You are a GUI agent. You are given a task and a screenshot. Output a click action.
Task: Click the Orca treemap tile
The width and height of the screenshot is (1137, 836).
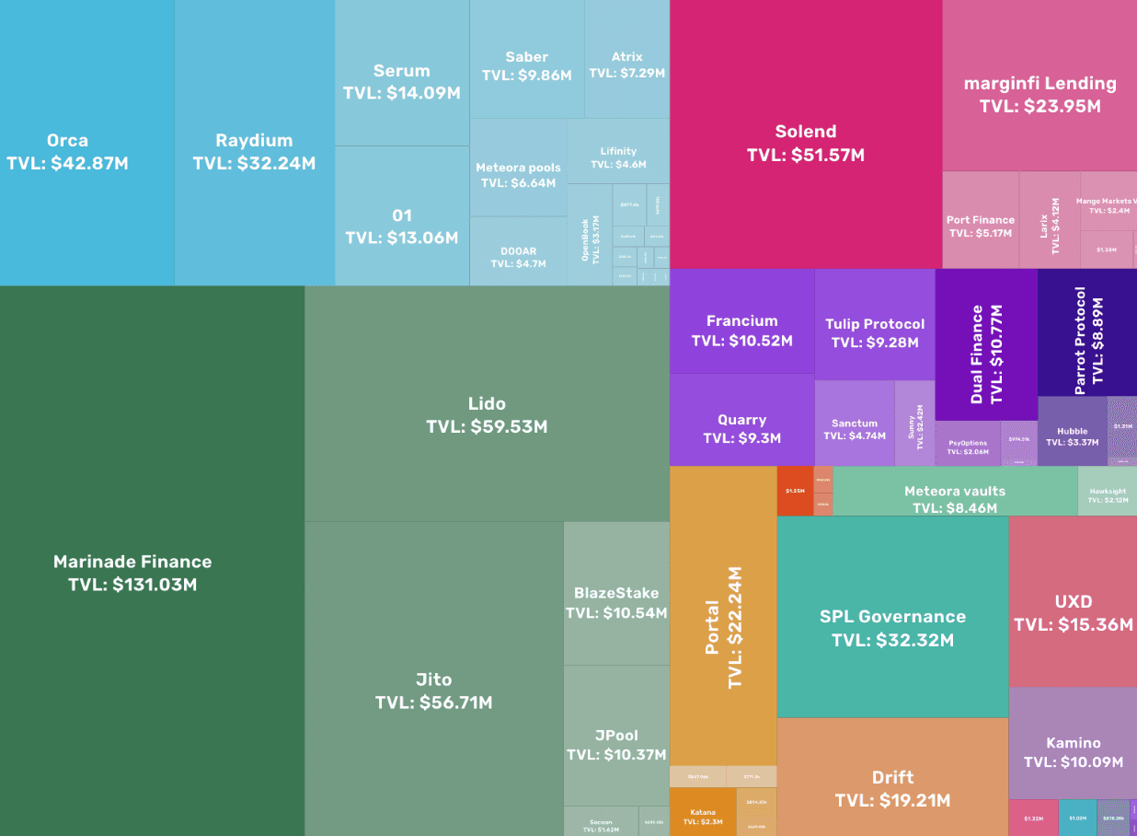(x=68, y=152)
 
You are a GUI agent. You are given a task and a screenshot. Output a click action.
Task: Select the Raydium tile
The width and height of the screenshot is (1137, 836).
(x=254, y=152)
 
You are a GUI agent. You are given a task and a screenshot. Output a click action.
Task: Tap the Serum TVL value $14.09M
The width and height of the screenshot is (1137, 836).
(x=402, y=93)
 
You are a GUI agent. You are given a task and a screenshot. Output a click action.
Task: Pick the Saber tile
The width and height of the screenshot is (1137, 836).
(x=526, y=66)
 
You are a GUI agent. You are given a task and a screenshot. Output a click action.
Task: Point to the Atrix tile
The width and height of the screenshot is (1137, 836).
(x=626, y=64)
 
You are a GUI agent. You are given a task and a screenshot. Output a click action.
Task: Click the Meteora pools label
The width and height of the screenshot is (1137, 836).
(x=518, y=168)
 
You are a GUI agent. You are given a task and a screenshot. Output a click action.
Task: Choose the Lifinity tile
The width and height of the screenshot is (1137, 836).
(x=618, y=157)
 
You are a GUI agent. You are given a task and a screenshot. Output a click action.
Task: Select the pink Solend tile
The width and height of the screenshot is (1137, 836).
(x=806, y=143)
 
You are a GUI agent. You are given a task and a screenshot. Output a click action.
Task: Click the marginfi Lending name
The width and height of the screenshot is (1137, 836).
(x=1039, y=83)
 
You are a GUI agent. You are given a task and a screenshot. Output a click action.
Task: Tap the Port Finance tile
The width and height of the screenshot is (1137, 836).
(x=981, y=226)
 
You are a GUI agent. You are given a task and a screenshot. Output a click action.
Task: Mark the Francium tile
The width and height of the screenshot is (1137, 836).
(x=741, y=330)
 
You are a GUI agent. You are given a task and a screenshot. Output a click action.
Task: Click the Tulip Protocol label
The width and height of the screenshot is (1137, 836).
(x=875, y=324)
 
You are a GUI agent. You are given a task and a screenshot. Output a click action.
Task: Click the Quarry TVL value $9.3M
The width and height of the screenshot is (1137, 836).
(x=741, y=438)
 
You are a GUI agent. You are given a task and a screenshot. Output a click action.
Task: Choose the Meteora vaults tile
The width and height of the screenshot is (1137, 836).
(x=955, y=498)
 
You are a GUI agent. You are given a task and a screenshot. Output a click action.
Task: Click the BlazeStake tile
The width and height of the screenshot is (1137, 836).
(x=616, y=602)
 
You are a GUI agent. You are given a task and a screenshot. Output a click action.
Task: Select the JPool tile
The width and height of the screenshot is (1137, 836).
(x=616, y=744)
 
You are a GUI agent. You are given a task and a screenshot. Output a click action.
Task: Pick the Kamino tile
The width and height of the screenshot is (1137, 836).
(x=1073, y=751)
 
